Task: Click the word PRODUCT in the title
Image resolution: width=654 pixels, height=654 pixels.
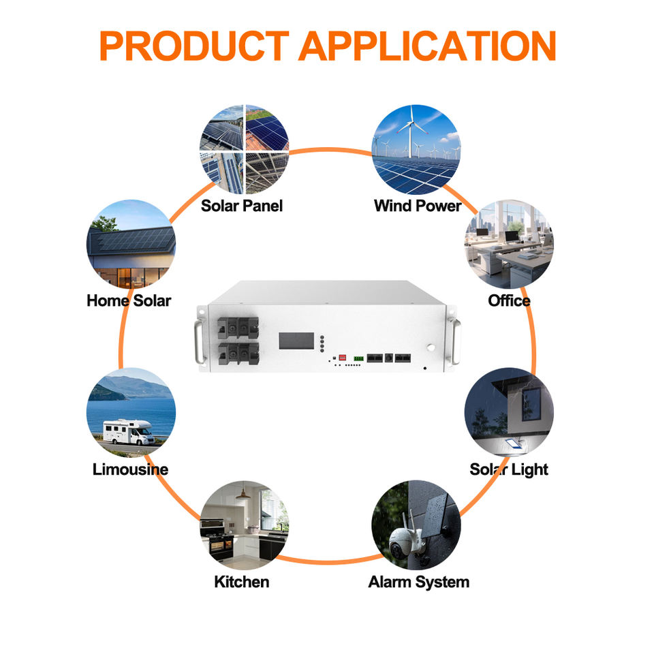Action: pyautogui.click(x=194, y=46)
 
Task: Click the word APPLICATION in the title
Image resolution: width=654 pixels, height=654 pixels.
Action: pyautogui.click(x=428, y=46)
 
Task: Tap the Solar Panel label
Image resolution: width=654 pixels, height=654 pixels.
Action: pyautogui.click(x=242, y=206)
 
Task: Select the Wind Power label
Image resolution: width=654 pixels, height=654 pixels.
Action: pyautogui.click(x=418, y=206)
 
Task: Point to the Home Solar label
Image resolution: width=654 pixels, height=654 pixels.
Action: pyautogui.click(x=129, y=300)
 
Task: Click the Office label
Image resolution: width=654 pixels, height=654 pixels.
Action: pyautogui.click(x=510, y=300)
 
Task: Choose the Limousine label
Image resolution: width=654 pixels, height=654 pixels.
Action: pyautogui.click(x=131, y=469)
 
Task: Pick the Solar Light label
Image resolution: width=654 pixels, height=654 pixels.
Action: pyautogui.click(x=509, y=469)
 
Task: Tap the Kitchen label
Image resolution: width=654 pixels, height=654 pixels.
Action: pyautogui.click(x=242, y=582)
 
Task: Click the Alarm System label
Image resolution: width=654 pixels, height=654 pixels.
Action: pyautogui.click(x=419, y=582)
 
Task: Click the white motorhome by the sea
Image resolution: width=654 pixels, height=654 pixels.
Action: pyautogui.click(x=129, y=432)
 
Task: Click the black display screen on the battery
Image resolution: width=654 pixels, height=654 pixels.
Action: pyautogui.click(x=296, y=341)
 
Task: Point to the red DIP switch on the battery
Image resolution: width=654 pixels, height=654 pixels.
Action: pyautogui.click(x=343, y=358)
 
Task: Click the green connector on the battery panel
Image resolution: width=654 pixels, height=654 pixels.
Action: pyautogui.click(x=358, y=358)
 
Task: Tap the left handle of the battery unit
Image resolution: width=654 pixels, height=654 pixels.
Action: pyautogui.click(x=199, y=341)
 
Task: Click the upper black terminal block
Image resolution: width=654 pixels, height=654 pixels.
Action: pyautogui.click(x=238, y=328)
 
